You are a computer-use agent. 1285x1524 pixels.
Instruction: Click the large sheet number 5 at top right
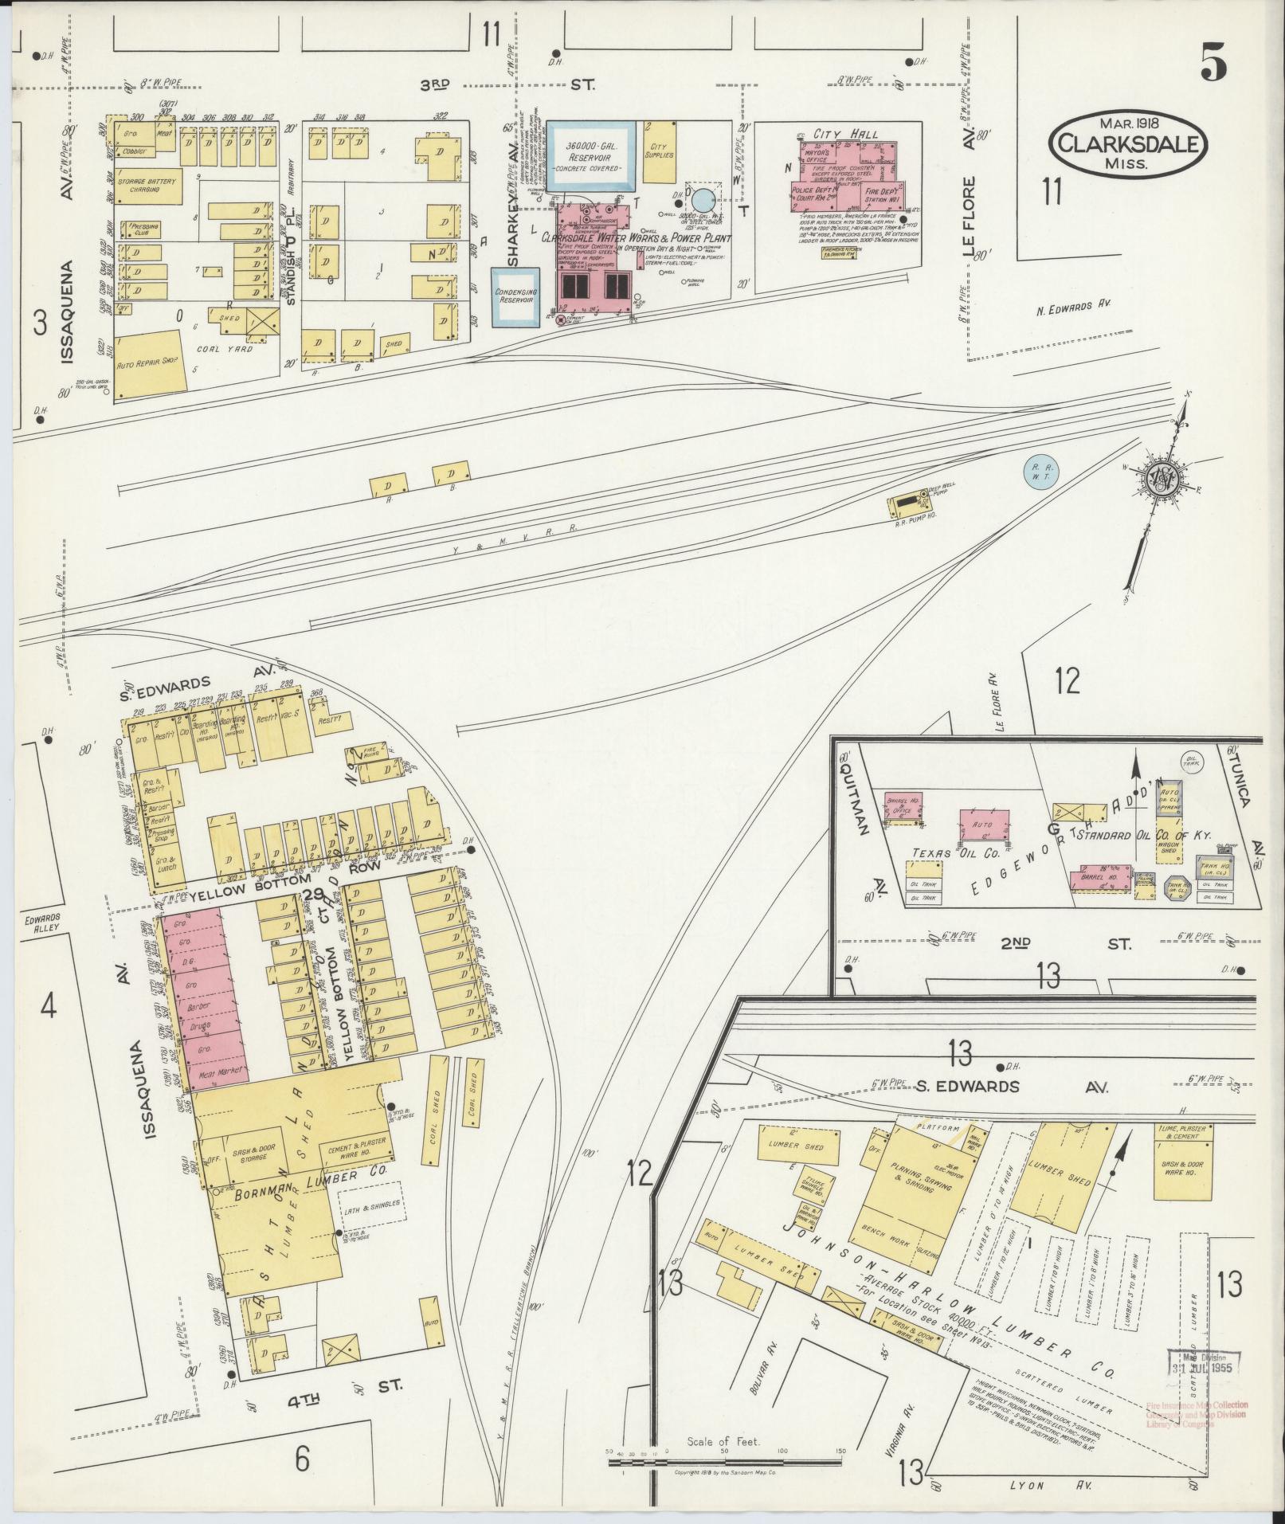(x=1213, y=62)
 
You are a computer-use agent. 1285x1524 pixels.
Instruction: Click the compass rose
(x=1162, y=476)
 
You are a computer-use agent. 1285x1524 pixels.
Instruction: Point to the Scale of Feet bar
(x=724, y=1462)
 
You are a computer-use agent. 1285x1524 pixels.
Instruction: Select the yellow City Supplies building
(x=659, y=150)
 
